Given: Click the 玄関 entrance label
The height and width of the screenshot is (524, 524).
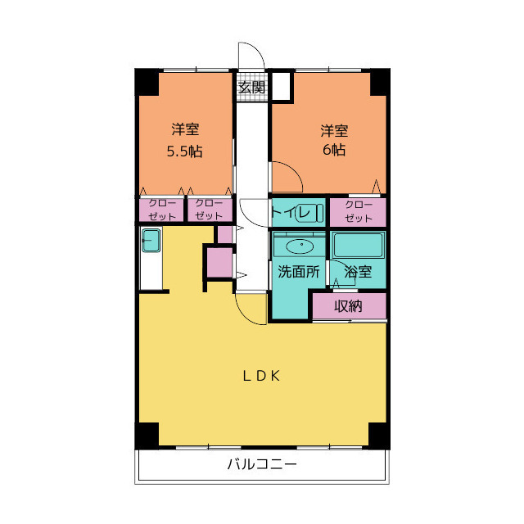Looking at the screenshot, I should click(x=251, y=87).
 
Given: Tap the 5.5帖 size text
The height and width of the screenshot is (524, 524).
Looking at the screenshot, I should click(x=185, y=151).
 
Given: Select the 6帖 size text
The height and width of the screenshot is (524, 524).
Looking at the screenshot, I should click(x=333, y=151).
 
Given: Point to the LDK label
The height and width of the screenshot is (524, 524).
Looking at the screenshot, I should click(x=261, y=376).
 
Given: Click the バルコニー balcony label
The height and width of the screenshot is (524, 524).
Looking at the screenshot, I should click(x=261, y=465).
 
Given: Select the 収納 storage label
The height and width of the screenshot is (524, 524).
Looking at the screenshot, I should click(x=348, y=307).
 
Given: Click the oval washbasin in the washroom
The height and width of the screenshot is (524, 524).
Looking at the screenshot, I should click(x=300, y=245).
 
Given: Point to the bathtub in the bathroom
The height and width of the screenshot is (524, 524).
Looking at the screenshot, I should click(x=358, y=245).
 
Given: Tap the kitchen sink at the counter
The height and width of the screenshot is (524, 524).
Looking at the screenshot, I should click(x=151, y=242).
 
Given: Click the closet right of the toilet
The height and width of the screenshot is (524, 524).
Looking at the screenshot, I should click(x=359, y=212).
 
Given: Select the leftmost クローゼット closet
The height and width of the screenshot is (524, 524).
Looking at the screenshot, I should click(x=161, y=210).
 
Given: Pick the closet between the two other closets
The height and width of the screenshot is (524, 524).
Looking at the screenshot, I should click(x=210, y=210).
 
